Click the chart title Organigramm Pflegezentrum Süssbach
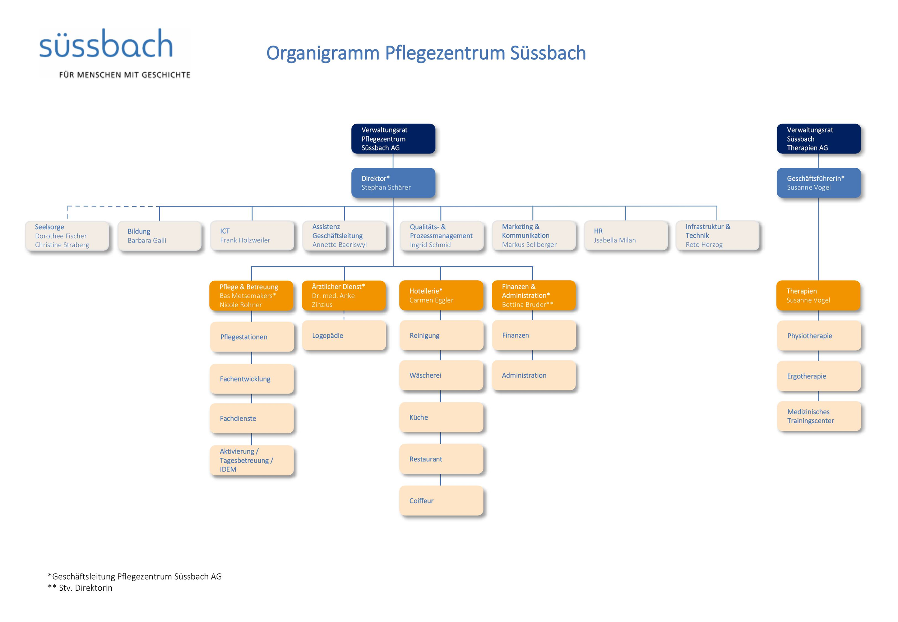[426, 53]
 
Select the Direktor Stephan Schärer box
[393, 183]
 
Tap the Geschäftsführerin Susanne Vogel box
[819, 183]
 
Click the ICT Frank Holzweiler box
[252, 236]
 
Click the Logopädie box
[344, 336]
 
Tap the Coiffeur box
[441, 501]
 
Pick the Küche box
[441, 418]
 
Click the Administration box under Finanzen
[534, 375]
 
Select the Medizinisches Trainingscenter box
[819, 416]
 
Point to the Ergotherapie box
[819, 376]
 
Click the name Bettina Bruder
[524, 305]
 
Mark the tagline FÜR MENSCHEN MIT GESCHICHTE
[125, 75]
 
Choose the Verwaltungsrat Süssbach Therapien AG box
[819, 139]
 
